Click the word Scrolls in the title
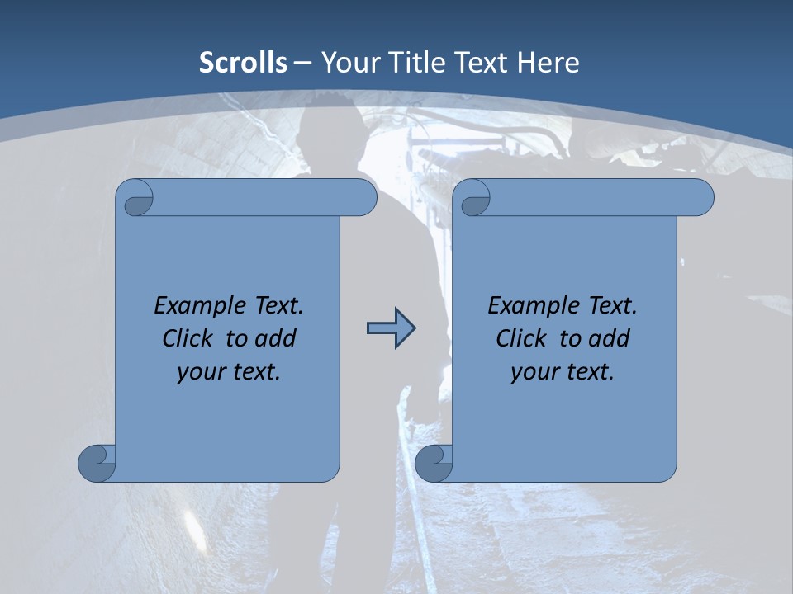(243, 63)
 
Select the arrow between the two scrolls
(391, 328)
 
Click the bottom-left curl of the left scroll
(97, 463)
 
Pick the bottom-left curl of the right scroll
(434, 463)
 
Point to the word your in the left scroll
(201, 372)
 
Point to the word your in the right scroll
(534, 372)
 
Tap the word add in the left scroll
(276, 338)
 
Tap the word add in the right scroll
(610, 338)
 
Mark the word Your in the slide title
(347, 63)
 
